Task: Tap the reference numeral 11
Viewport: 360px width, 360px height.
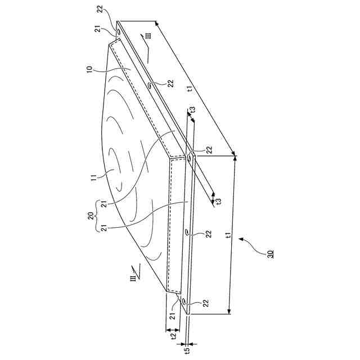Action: click(x=94, y=178)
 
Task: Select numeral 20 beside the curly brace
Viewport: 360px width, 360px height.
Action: click(x=91, y=216)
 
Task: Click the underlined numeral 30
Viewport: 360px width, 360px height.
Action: click(x=271, y=254)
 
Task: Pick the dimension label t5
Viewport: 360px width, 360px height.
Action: click(x=187, y=350)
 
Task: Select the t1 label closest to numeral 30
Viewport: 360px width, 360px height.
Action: click(x=228, y=235)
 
